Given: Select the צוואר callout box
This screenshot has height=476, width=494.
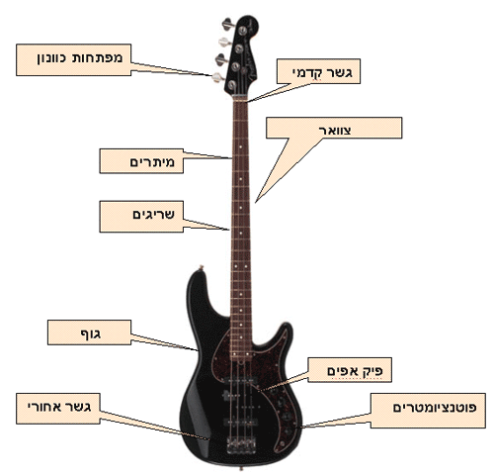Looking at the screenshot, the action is pos(334,128).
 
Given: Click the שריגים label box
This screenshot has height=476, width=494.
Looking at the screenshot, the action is pos(141,217).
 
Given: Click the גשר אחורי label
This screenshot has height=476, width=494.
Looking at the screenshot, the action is pos(59,407).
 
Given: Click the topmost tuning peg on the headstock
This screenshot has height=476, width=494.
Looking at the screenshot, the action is pos(228,24).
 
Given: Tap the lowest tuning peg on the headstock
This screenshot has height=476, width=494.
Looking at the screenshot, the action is pos(218,77).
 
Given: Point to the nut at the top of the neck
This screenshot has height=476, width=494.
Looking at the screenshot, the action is pos(240,97).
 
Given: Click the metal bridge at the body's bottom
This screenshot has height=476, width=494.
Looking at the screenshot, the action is pos(241,444).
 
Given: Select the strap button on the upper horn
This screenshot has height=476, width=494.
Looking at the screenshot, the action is pos(201,267).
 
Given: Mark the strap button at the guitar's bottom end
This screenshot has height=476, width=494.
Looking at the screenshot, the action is pos(241,468).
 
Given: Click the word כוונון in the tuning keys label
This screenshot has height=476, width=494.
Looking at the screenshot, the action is pos(54,58).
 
